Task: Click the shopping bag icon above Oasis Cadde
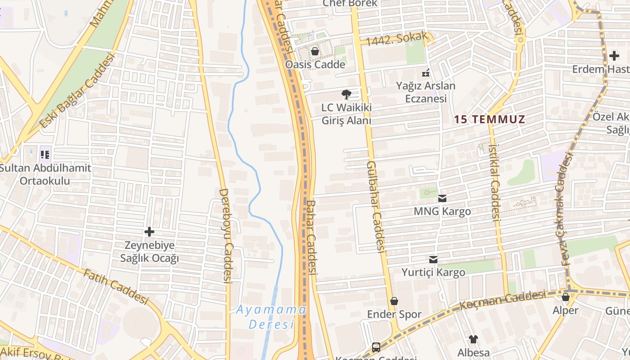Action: coord(315,51)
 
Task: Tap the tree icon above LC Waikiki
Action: coord(346,94)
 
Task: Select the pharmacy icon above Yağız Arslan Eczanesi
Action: coord(425,72)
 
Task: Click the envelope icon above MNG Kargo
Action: coord(442,198)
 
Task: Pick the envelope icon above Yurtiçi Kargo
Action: coord(433,260)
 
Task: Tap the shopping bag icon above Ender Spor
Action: coord(394,301)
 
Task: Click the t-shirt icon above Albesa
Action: coord(473,339)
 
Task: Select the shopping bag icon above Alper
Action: coord(566,297)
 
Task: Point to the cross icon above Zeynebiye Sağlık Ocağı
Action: coord(149,232)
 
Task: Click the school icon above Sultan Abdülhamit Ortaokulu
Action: coord(45,155)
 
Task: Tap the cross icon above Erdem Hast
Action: coord(614,56)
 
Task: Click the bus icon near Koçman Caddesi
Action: coord(376,347)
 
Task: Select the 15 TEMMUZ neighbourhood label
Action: coord(490,120)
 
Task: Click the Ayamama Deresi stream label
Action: coord(271,317)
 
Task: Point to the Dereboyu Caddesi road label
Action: coord(225,235)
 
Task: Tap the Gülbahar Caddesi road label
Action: coord(377,206)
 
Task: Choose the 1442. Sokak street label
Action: coord(396,40)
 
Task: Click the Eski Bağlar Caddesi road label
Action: coord(77,90)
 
